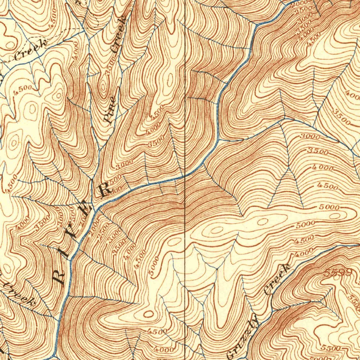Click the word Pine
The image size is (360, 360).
tap(110, 109)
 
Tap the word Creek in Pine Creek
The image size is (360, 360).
tap(118, 34)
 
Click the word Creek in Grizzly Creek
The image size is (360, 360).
tap(277, 280)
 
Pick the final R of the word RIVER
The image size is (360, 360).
tap(104, 190)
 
